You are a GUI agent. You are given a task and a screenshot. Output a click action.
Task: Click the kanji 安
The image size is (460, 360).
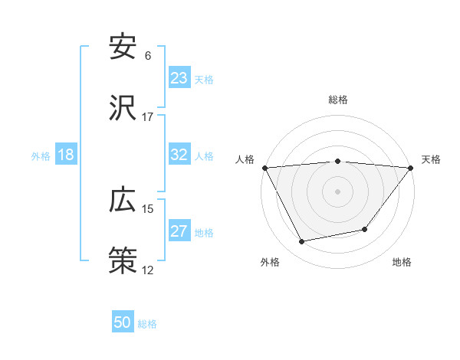123,47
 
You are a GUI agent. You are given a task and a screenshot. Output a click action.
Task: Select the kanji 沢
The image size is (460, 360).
123,110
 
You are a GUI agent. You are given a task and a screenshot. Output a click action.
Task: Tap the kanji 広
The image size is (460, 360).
123,201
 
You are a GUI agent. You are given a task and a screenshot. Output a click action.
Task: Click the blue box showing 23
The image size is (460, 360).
179,78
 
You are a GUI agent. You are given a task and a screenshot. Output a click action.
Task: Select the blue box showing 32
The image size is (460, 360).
179,155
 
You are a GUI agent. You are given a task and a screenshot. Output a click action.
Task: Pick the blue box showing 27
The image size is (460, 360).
179,231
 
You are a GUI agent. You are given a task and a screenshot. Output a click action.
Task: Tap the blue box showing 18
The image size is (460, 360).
66,155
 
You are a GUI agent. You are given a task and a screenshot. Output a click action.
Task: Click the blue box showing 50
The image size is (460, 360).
123,322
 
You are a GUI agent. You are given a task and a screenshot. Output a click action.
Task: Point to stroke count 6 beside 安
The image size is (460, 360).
148,56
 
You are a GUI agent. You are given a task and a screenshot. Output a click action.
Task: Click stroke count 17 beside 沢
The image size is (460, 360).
147,117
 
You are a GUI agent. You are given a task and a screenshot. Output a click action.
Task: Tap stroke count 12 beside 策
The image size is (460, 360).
147,270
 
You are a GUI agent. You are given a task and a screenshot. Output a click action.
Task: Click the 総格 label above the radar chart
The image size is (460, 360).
338,100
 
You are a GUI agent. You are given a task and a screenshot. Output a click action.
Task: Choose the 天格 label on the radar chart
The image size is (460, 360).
431,159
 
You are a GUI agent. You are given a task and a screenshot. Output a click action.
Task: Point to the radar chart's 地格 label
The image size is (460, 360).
402,262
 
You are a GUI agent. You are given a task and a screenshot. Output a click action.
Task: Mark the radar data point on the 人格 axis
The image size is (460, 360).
265,168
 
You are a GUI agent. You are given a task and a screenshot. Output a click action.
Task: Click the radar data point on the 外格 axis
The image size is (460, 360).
302,242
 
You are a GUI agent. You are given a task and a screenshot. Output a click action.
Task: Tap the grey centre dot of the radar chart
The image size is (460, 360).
338,191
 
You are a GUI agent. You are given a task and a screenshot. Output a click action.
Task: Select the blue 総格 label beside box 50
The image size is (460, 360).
147,324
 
